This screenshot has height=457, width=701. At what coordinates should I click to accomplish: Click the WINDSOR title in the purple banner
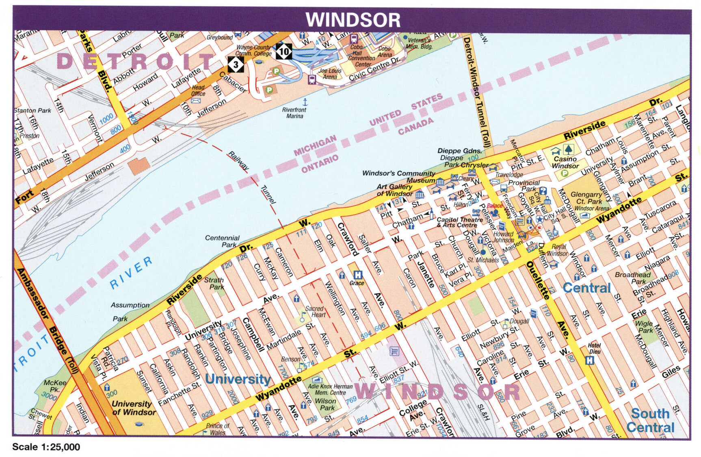[x=353, y=19]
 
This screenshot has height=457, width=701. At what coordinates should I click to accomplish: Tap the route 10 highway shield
[x=284, y=51]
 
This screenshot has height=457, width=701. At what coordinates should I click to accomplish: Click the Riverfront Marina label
[x=294, y=113]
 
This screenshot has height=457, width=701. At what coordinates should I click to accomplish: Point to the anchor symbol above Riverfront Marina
[x=305, y=101]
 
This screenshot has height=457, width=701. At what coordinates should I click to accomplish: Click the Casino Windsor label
[x=565, y=162]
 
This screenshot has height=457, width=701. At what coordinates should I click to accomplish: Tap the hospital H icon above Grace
[x=357, y=275]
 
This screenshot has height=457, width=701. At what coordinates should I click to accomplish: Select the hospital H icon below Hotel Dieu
[x=590, y=360]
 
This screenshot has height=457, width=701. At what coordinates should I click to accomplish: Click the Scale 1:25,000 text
[x=46, y=447]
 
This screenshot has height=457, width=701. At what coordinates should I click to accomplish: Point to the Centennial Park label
[x=222, y=241]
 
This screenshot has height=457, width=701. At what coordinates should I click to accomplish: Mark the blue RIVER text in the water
[x=131, y=272]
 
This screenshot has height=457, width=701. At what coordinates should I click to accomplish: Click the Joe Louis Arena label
[x=329, y=73]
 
